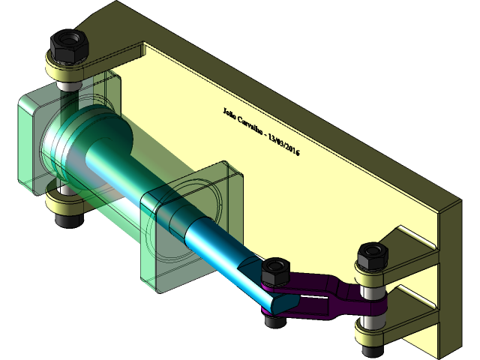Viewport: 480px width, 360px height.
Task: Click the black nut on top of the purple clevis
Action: [x=274, y=269]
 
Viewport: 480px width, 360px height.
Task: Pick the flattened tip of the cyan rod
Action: [x=277, y=299]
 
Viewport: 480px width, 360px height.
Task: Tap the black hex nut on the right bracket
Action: [x=371, y=256]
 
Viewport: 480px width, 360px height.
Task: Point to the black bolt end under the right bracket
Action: [x=371, y=349]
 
